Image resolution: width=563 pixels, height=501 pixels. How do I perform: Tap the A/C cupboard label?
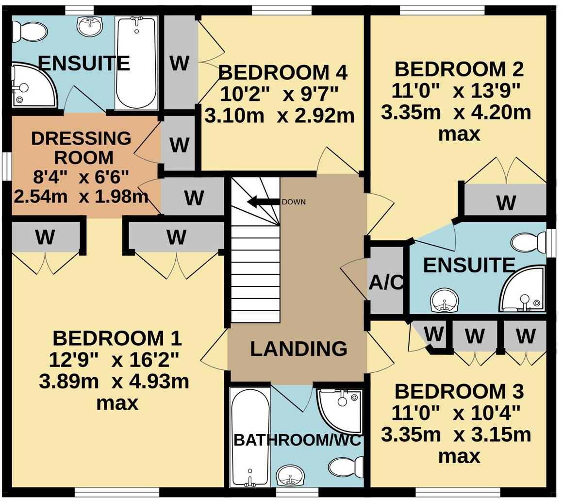(386, 283)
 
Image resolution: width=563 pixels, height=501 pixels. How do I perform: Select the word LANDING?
(298, 349)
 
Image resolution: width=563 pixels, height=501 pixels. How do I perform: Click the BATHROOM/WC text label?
(298, 440)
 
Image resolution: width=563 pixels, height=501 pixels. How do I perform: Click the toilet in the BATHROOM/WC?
(345, 468)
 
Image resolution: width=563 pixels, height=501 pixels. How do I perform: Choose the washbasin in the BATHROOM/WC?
(290, 475)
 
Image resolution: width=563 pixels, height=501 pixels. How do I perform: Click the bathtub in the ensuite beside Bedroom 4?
(136, 63)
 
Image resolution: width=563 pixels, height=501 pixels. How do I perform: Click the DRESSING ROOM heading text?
(81, 148)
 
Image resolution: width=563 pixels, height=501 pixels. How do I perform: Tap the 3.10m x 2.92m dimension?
(279, 116)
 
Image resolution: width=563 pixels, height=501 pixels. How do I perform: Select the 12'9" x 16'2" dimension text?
(114, 360)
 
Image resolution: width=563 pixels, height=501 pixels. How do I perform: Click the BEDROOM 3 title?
(459, 391)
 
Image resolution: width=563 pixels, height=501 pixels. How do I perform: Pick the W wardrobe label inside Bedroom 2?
(506, 202)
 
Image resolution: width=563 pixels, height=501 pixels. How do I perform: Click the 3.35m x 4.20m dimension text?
(456, 113)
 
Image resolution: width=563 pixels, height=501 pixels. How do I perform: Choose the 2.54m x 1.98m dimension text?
(81, 196)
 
